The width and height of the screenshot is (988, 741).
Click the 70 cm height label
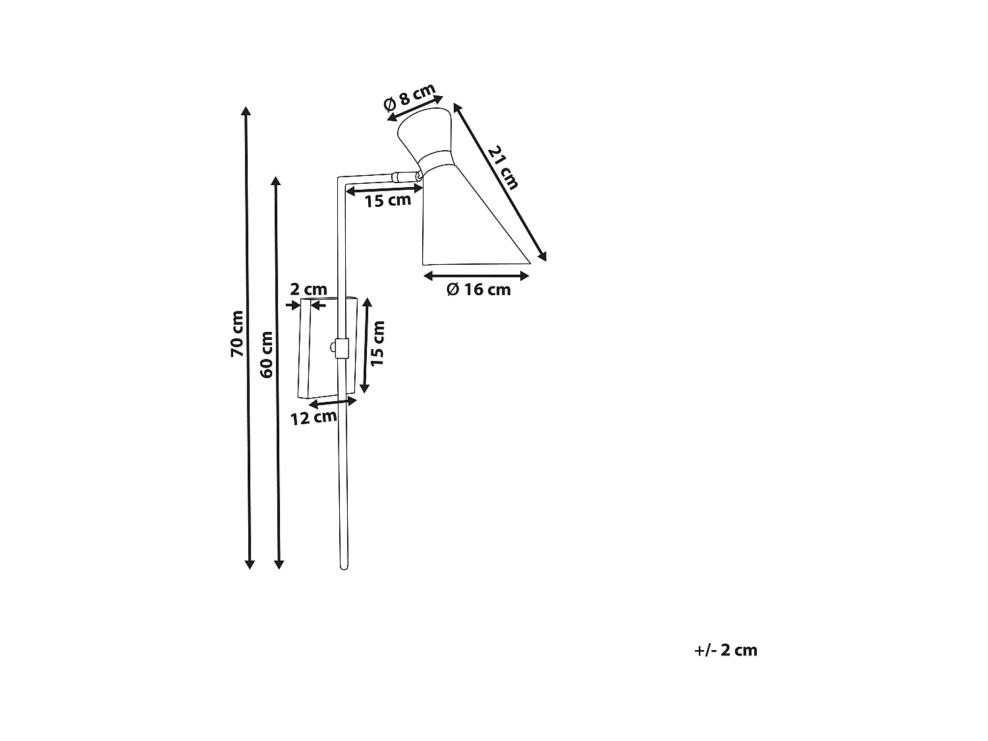click(236, 333)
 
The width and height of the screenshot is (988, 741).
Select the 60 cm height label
click(267, 354)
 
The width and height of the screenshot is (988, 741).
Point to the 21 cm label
click(504, 167)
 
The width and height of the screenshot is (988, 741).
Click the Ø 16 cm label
click(478, 289)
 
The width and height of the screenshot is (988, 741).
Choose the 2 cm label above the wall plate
click(309, 289)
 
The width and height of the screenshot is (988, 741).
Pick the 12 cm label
click(314, 418)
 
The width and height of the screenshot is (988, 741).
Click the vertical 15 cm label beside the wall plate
click(377, 343)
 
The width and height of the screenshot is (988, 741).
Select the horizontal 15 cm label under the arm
click(387, 200)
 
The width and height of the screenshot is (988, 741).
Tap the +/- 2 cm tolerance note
click(726, 650)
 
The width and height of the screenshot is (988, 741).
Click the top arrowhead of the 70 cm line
click(245, 111)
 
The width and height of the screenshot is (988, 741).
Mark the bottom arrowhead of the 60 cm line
click(279, 564)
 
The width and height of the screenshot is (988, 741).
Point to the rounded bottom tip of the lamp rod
click(344, 568)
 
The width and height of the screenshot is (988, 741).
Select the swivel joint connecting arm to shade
click(407, 177)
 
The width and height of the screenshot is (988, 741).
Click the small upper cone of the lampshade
click(424, 132)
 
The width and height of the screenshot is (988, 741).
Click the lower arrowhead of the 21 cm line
click(542, 256)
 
